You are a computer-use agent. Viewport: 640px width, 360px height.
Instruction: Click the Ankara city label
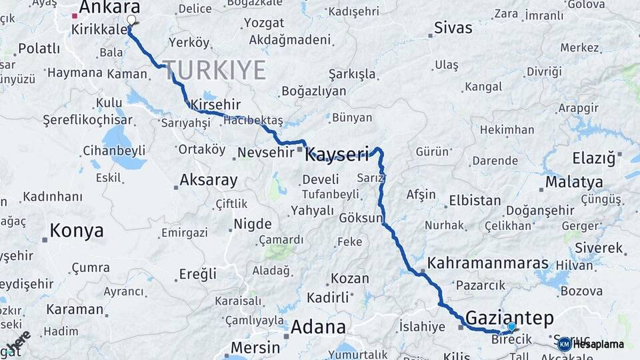[109, 7]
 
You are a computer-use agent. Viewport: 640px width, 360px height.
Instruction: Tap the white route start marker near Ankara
[131, 20]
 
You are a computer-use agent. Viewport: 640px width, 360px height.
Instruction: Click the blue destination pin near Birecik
[511, 327]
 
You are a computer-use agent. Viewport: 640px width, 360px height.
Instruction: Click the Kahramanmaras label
[488, 263]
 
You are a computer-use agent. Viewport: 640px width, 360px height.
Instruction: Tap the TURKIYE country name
[214, 69]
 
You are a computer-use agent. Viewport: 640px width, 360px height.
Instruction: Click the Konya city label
[77, 231]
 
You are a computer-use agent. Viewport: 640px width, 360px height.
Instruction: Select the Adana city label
[318, 327]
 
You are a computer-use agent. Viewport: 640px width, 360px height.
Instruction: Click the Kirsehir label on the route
[215, 105]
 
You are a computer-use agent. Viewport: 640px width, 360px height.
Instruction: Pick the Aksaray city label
[208, 180]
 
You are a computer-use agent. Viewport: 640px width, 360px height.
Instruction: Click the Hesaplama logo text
[598, 345]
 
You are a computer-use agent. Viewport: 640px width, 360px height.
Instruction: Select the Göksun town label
[360, 218]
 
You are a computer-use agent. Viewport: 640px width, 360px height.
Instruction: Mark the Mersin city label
[255, 347]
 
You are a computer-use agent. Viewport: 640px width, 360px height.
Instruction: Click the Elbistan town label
[475, 200]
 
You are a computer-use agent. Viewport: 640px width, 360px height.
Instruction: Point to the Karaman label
[75, 309]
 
